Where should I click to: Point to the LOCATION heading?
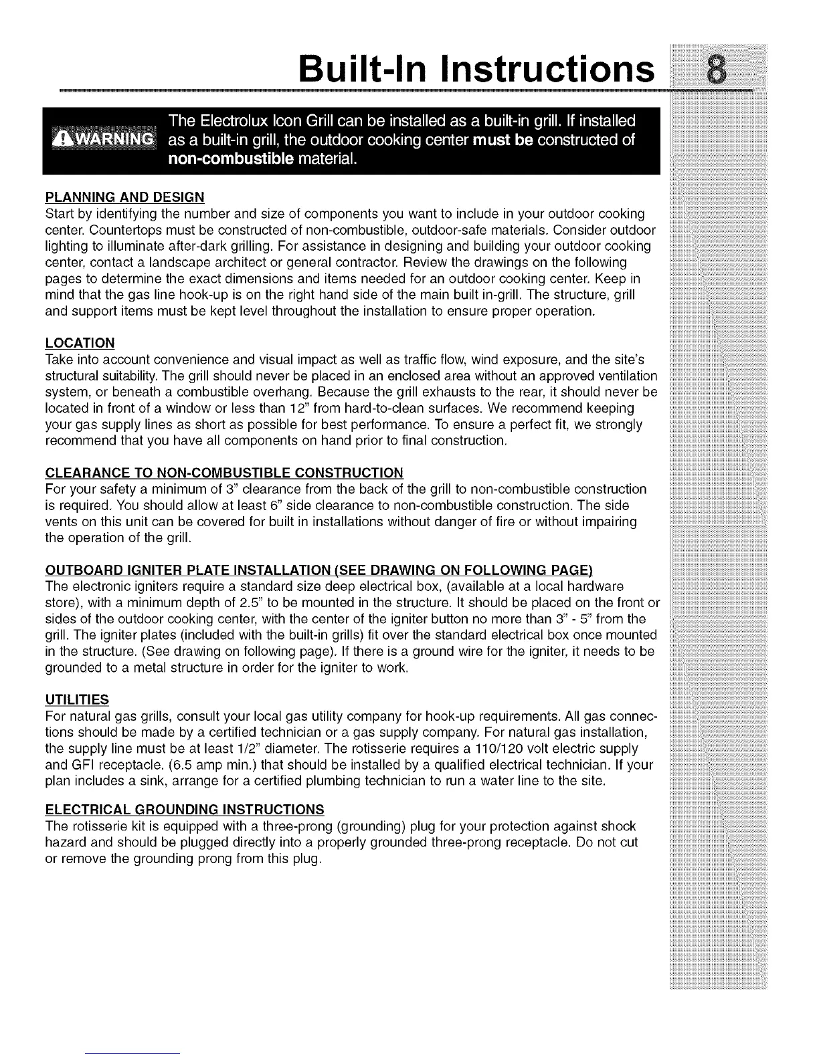click(80, 343)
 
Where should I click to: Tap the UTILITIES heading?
click(77, 699)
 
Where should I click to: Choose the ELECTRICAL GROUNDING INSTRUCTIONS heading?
click(185, 810)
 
